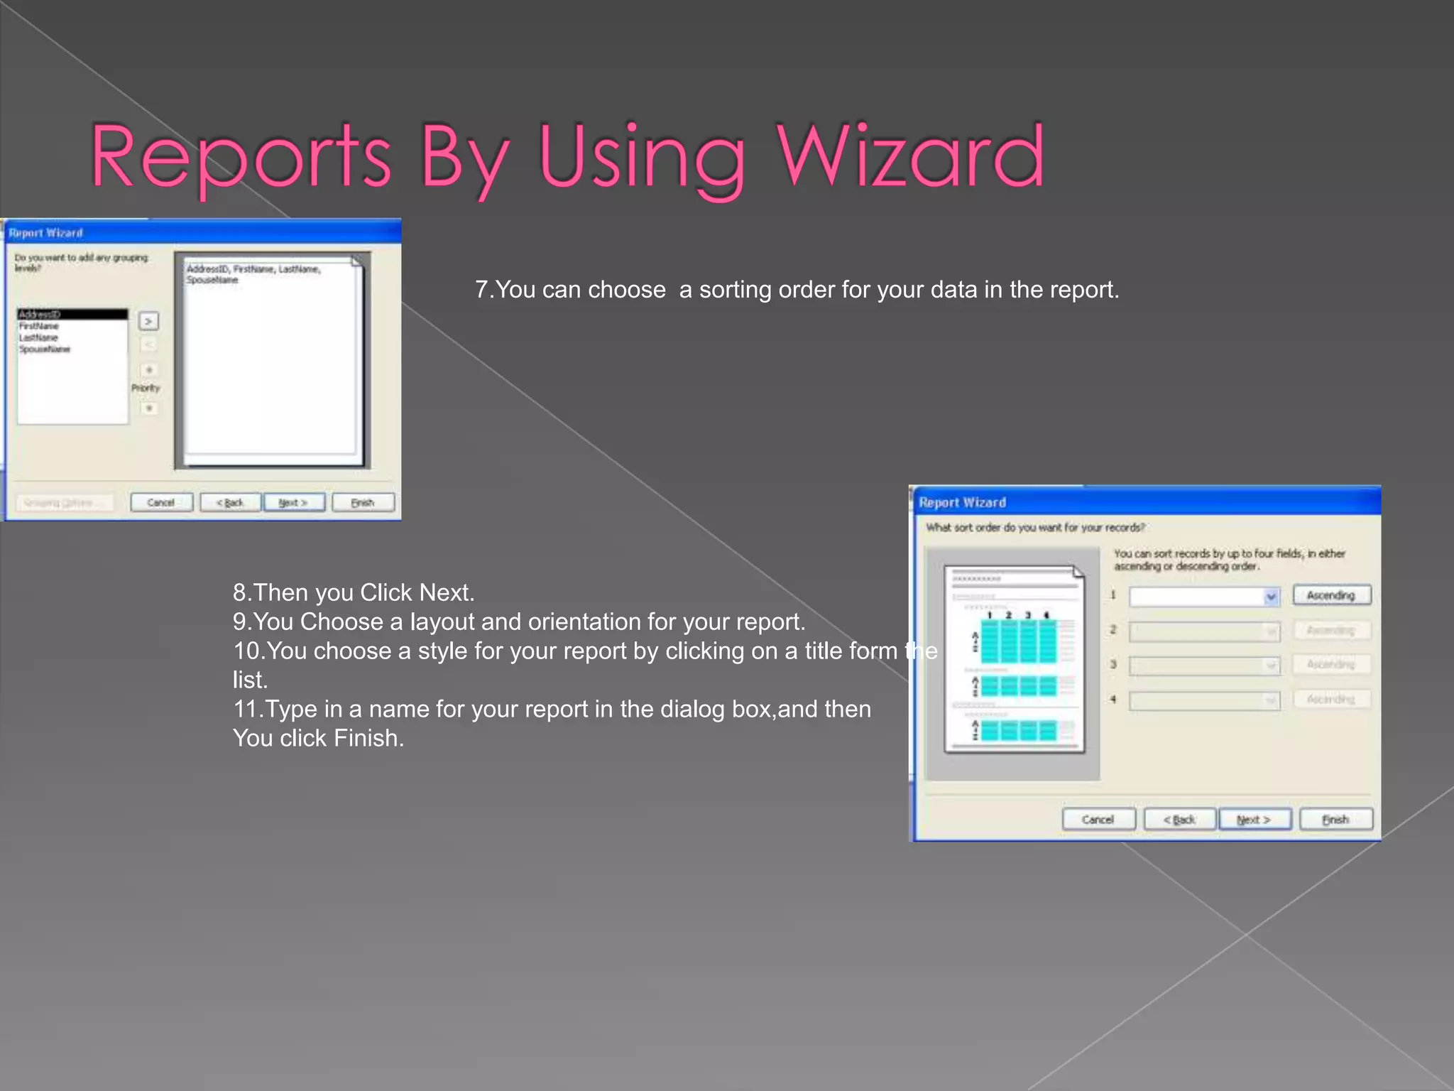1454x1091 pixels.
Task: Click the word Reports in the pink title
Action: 241,158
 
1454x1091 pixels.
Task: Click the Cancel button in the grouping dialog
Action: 161,503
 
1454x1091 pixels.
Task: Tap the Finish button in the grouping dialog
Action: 363,503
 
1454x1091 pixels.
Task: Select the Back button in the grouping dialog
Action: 230,503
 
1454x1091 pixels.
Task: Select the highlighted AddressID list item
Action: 72,314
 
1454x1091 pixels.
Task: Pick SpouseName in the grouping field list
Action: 45,349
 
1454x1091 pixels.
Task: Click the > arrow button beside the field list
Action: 148,321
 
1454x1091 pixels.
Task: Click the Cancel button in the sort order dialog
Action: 1098,820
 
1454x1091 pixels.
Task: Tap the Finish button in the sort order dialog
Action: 1335,820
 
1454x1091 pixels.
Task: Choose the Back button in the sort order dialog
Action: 1179,820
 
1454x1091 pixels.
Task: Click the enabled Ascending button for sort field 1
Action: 1331,595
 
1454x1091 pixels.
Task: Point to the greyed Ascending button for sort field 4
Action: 1331,700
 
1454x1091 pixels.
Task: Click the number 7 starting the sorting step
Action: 481,290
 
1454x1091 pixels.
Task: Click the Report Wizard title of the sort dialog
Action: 962,503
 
